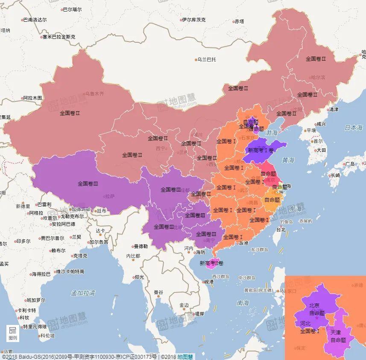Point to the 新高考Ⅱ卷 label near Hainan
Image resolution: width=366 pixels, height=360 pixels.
(211, 263)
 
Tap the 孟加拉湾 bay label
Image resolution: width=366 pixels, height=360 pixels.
(83, 293)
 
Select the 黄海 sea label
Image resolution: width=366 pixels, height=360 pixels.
(288, 160)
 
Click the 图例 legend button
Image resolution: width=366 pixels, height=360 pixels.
(13, 333)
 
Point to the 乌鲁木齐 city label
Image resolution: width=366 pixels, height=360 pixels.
(94, 93)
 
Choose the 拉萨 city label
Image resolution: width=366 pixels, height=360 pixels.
(109, 197)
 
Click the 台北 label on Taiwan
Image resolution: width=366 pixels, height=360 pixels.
(281, 230)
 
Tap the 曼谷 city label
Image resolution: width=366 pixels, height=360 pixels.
(158, 292)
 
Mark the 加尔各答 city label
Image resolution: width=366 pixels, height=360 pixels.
(99, 242)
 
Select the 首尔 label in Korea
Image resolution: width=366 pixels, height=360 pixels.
(318, 141)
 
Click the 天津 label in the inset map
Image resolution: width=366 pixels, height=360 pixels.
(336, 332)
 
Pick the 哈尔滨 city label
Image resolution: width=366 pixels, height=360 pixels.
(318, 77)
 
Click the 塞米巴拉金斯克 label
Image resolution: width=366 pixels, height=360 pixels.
(59, 37)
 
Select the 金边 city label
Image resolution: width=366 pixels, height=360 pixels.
(184, 305)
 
